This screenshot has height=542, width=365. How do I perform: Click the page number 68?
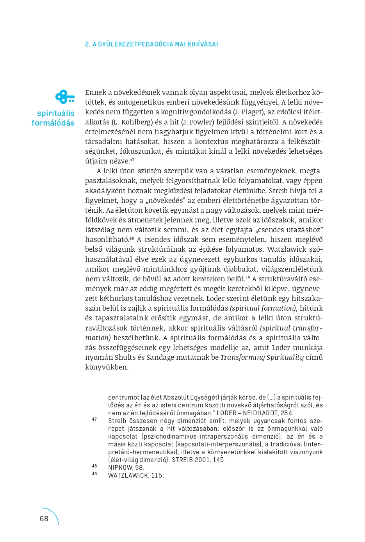point(44,519)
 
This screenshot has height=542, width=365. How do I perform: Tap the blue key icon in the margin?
point(65,97)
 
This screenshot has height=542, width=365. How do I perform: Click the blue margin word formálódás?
point(53,123)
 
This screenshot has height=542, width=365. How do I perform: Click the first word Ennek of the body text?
point(95,92)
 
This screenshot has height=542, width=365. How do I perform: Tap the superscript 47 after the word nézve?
point(132,160)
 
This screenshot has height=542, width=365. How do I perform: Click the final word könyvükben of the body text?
point(107,367)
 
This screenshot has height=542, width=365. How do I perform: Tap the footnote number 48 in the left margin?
point(94,466)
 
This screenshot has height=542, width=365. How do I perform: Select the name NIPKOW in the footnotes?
point(120,467)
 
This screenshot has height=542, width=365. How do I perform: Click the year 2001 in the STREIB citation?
point(203,460)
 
